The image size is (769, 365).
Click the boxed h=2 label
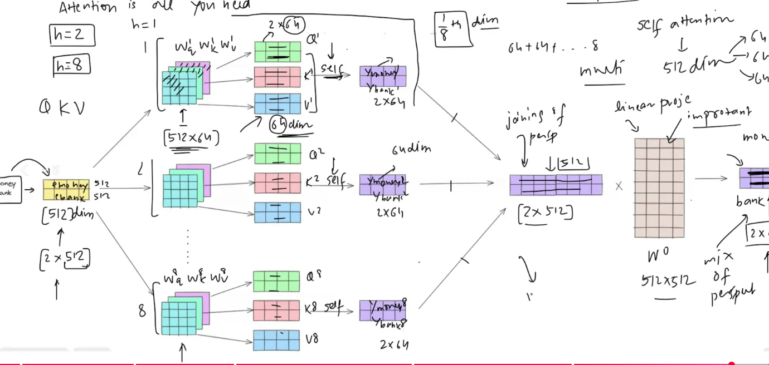tap(72, 36)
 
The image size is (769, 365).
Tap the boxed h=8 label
tap(71, 66)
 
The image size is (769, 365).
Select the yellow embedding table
tap(66, 190)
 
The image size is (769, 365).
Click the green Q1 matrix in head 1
tap(278, 52)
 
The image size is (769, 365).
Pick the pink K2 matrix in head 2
tap(278, 182)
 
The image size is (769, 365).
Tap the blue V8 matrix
tap(276, 340)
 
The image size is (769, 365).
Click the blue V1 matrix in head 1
tap(278, 103)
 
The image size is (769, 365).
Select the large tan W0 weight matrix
tap(659, 188)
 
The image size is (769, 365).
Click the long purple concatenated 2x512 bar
tap(556, 185)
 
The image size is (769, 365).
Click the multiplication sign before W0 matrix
tap(619, 186)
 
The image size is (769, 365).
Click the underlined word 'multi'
tap(602, 71)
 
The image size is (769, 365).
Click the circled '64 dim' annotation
tap(290, 125)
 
